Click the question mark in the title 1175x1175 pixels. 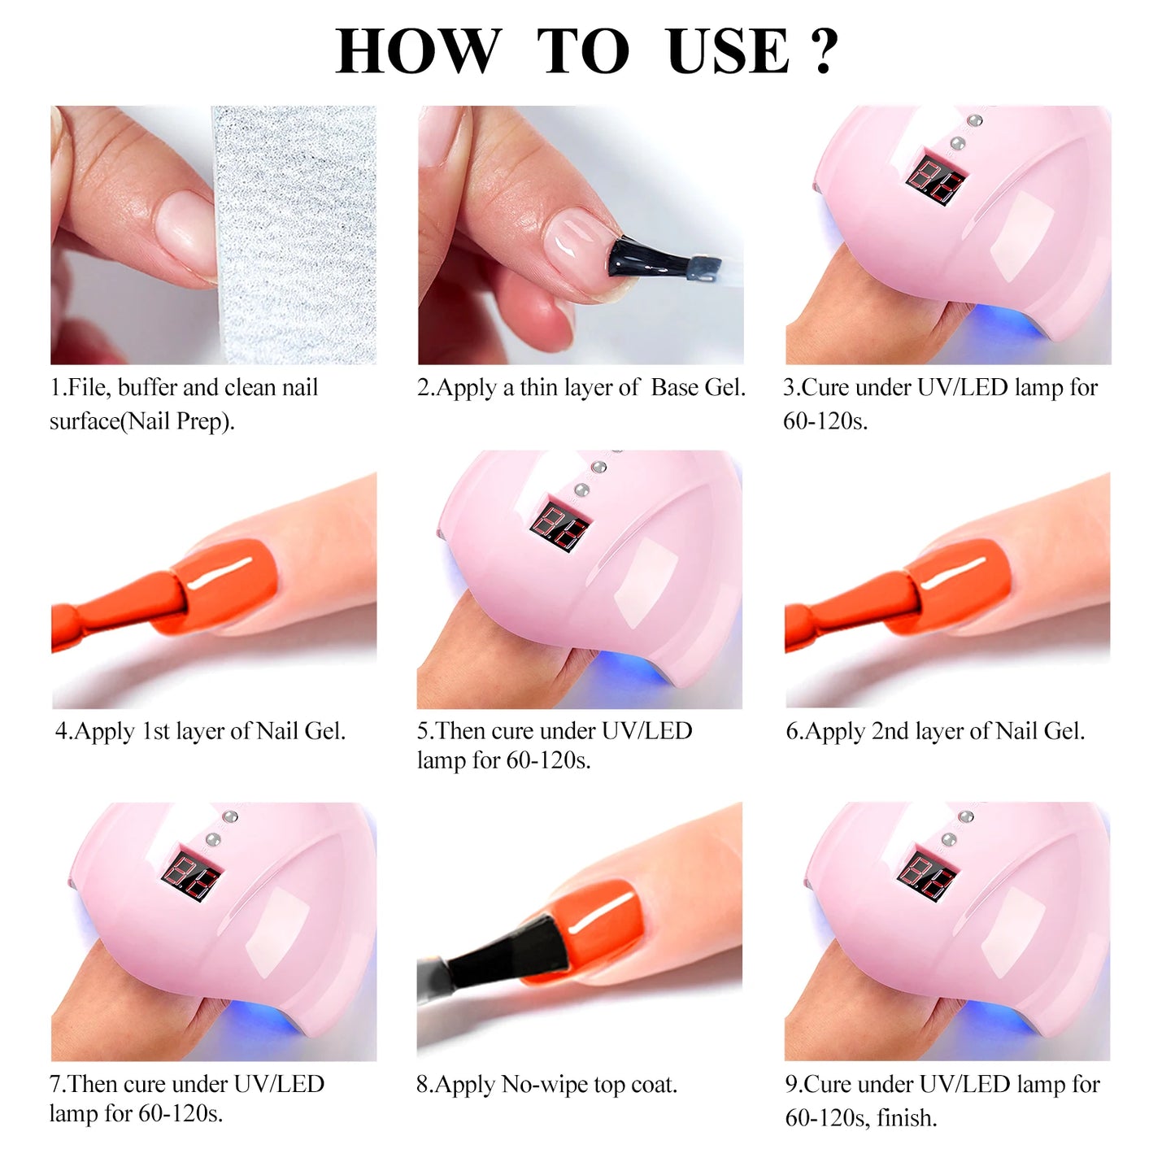click(823, 50)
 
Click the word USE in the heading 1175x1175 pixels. click(727, 50)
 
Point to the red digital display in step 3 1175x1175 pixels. click(935, 180)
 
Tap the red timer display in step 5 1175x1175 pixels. click(559, 526)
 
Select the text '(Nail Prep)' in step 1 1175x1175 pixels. click(177, 421)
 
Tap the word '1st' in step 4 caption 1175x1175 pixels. click(155, 731)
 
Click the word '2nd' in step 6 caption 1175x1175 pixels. click(890, 731)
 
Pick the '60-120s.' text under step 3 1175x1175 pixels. click(825, 421)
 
